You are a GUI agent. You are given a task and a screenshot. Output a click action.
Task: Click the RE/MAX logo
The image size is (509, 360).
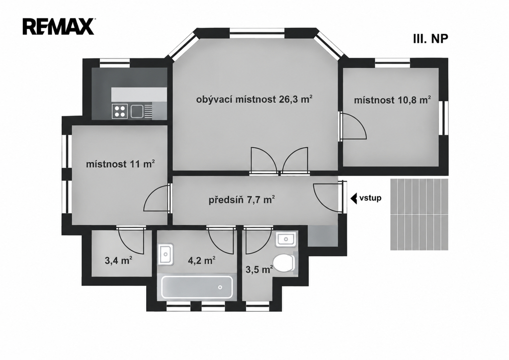point(59,27)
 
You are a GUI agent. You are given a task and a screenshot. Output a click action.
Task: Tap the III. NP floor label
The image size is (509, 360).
point(430,38)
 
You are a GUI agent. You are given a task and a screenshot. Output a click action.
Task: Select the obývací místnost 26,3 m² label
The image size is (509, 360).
point(254,99)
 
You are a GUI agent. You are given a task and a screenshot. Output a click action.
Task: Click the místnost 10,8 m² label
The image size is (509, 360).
point(392,100)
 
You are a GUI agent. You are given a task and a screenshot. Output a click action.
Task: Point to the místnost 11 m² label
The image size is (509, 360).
point(120,164)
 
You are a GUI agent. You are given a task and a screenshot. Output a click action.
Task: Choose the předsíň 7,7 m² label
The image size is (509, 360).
point(242,199)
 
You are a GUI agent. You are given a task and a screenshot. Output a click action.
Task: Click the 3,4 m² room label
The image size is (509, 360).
point(118,260)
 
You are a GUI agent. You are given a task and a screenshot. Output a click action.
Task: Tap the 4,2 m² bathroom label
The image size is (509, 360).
point(202,260)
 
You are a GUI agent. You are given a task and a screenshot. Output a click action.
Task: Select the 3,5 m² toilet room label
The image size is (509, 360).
point(259,270)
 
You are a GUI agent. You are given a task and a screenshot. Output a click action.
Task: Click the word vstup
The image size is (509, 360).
point(370,198)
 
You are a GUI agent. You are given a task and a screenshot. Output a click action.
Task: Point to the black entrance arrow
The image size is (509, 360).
point(354,198)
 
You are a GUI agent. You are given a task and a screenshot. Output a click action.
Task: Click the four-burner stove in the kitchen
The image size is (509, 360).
point(120,111)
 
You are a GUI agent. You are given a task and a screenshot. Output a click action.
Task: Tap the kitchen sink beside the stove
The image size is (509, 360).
point(137,111)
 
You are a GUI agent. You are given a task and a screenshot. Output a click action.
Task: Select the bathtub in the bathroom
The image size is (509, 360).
point(197,287)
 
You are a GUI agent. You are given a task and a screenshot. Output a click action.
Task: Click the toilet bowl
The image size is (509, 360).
point(283,263)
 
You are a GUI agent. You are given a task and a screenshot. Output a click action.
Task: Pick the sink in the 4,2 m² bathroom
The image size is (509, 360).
point(166,254)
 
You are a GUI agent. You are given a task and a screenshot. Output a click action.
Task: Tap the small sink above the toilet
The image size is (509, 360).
point(286,239)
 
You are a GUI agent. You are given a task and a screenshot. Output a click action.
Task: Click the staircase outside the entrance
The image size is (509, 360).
point(419,214)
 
